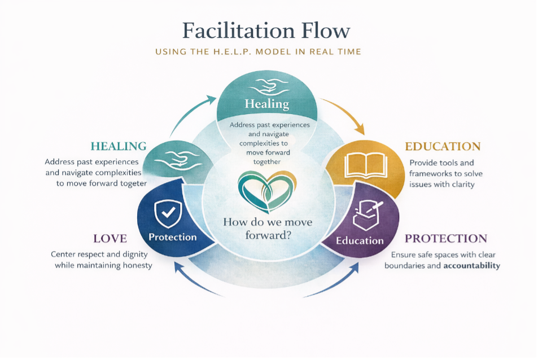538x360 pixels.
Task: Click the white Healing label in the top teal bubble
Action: click(266, 104)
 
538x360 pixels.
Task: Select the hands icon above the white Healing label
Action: click(268, 87)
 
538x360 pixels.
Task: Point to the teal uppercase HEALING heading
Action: click(119, 146)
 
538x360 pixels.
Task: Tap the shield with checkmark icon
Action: click(168, 213)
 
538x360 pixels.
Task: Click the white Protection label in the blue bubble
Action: click(173, 237)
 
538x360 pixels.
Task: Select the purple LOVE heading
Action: click(110, 239)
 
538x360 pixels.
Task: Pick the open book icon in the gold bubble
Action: click(366, 165)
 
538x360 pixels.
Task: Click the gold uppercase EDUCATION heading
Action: click(443, 146)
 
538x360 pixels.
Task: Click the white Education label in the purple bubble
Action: click(360, 241)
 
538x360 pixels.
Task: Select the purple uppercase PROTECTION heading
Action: click(446, 239)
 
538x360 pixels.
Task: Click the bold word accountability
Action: click(471, 266)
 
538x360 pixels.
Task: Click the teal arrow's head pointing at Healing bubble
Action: click(211, 100)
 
